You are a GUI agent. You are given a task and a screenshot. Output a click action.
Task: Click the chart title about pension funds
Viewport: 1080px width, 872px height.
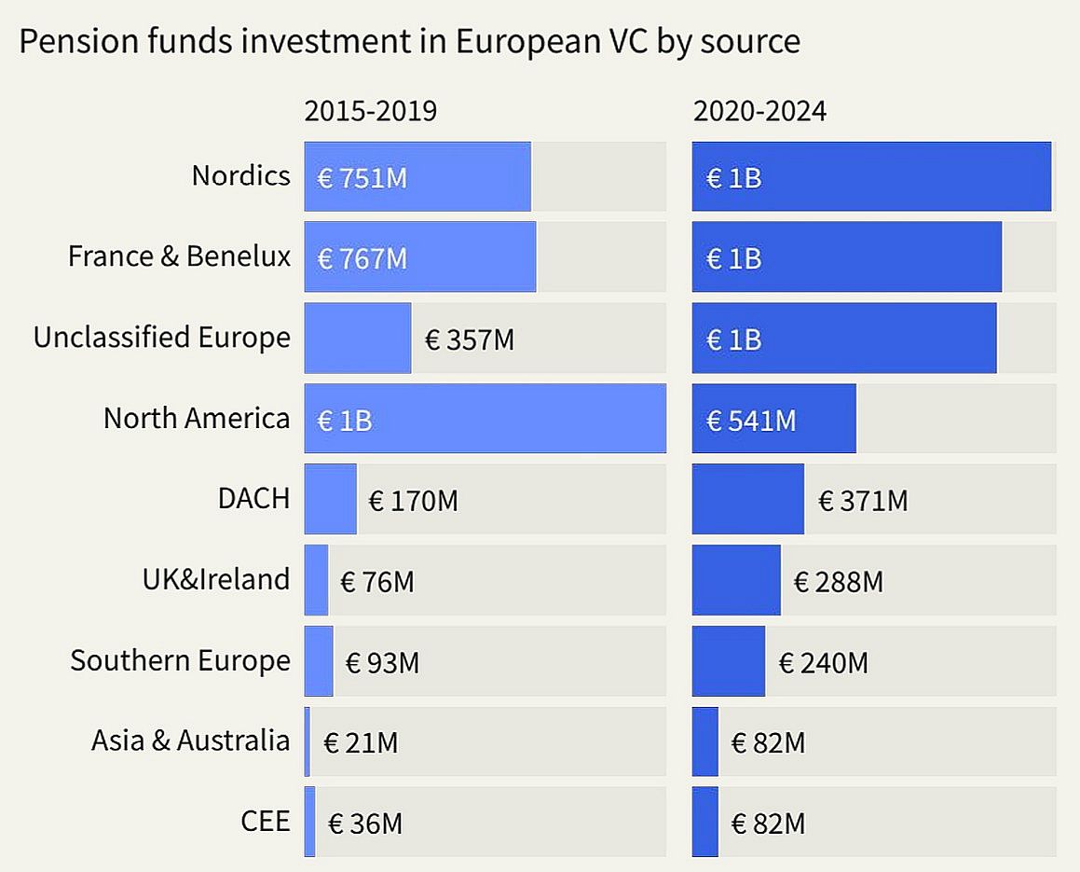coord(409,42)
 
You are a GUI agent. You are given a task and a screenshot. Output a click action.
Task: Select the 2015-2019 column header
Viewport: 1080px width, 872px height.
coord(370,111)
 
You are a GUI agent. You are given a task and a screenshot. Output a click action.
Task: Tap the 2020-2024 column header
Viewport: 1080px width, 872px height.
coord(759,111)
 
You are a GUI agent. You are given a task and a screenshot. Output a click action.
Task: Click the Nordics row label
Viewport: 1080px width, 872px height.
coord(240,175)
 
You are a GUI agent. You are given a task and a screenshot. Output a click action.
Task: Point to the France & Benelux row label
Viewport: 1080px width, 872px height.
coord(179,256)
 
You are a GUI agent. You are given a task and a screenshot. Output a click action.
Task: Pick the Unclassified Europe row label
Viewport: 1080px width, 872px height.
coord(161,337)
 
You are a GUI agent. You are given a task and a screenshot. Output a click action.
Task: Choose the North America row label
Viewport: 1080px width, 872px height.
coord(196,418)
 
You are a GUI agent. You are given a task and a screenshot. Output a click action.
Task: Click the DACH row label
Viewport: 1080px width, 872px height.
coord(253,498)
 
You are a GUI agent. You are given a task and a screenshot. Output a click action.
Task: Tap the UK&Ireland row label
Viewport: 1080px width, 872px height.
coord(215,579)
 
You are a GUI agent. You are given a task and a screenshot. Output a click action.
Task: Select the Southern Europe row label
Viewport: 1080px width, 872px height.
coord(180,660)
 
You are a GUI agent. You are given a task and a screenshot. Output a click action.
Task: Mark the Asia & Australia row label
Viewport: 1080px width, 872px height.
coord(190,741)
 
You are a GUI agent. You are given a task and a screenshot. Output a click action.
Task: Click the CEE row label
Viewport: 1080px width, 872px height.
coord(265,822)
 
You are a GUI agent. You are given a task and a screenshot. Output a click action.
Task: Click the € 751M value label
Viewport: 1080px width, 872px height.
coord(362,177)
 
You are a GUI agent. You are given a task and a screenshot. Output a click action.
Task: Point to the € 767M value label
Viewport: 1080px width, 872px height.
coord(362,258)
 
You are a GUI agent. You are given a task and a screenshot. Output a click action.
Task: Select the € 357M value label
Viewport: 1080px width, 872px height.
coord(470,339)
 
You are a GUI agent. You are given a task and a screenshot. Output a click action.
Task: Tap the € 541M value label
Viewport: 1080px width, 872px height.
coord(751,421)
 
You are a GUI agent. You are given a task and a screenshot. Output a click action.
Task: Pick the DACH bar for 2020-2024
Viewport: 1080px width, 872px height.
coord(747,500)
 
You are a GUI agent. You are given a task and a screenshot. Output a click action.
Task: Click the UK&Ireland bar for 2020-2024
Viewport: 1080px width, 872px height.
coord(735,580)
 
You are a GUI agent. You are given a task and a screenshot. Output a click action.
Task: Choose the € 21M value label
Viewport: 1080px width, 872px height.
coord(361,743)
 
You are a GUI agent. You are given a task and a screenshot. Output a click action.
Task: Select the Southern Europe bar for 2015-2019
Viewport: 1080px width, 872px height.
coord(319,661)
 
